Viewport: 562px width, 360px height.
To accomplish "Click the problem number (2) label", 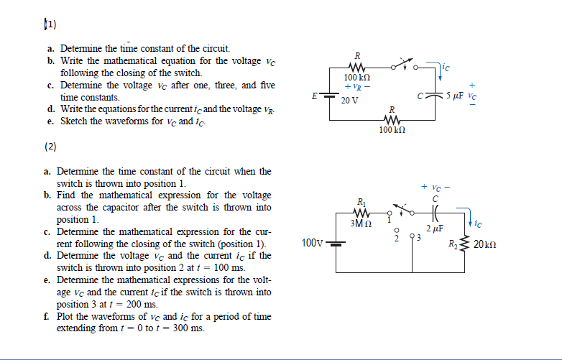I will tap(50, 146).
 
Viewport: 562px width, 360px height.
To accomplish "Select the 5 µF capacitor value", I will tap(454, 93).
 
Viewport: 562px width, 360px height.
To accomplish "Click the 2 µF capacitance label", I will tap(434, 229).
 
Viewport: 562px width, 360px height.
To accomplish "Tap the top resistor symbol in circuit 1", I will tap(357, 68).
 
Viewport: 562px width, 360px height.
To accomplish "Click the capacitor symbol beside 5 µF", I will tap(438, 93).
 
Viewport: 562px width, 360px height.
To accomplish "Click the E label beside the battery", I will tap(313, 93).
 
